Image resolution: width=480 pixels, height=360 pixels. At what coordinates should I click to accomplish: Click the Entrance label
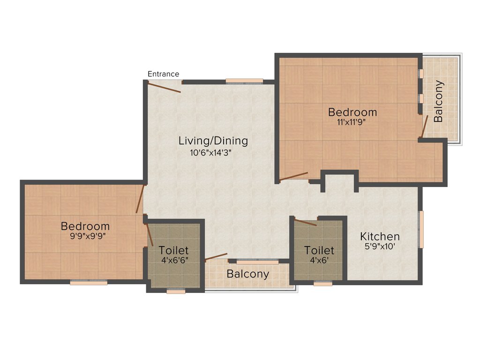[x=163, y=74]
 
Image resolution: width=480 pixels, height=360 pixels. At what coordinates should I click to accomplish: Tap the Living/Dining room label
[x=213, y=141]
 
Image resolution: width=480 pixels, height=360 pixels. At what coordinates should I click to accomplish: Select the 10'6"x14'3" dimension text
[x=211, y=152]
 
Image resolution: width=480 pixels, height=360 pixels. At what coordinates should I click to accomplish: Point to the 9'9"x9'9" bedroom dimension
[x=88, y=236]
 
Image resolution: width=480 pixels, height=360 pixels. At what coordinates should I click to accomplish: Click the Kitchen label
[x=380, y=236]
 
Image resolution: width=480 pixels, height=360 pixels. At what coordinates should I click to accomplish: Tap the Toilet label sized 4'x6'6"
[x=173, y=250]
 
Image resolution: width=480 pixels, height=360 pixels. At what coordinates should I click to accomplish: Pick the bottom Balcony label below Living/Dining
[x=248, y=274]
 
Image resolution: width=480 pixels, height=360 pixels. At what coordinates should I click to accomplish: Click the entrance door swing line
[x=164, y=87]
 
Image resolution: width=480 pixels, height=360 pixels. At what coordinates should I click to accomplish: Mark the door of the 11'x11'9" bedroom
[x=293, y=176]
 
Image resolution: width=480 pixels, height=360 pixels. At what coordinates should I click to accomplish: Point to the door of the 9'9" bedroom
[x=140, y=199]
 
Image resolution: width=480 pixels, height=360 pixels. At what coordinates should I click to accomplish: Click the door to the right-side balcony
[x=424, y=127]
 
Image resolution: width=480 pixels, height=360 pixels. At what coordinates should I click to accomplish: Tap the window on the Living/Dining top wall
[x=244, y=81]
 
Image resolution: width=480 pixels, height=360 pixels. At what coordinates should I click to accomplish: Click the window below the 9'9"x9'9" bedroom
[x=89, y=282]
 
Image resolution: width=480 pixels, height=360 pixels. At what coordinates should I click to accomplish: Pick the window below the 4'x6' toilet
[x=322, y=283]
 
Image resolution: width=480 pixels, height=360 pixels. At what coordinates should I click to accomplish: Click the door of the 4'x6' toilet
[x=305, y=222]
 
